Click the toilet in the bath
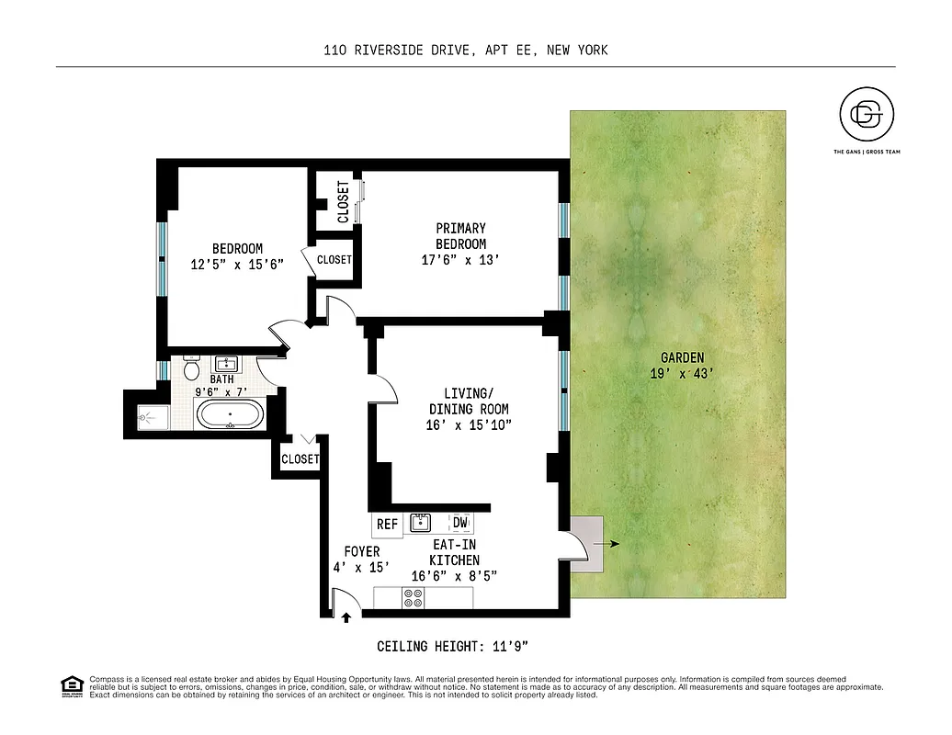192,370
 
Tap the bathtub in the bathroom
231,416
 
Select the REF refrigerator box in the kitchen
388,525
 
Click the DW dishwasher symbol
459,524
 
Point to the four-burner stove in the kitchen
414,598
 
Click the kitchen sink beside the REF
423,524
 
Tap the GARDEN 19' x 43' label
680,366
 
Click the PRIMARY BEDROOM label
461,236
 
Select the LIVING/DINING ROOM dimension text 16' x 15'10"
469,424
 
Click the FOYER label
362,551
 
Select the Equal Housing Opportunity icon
70,685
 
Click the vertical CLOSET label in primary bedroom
343,202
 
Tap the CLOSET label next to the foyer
300,458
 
